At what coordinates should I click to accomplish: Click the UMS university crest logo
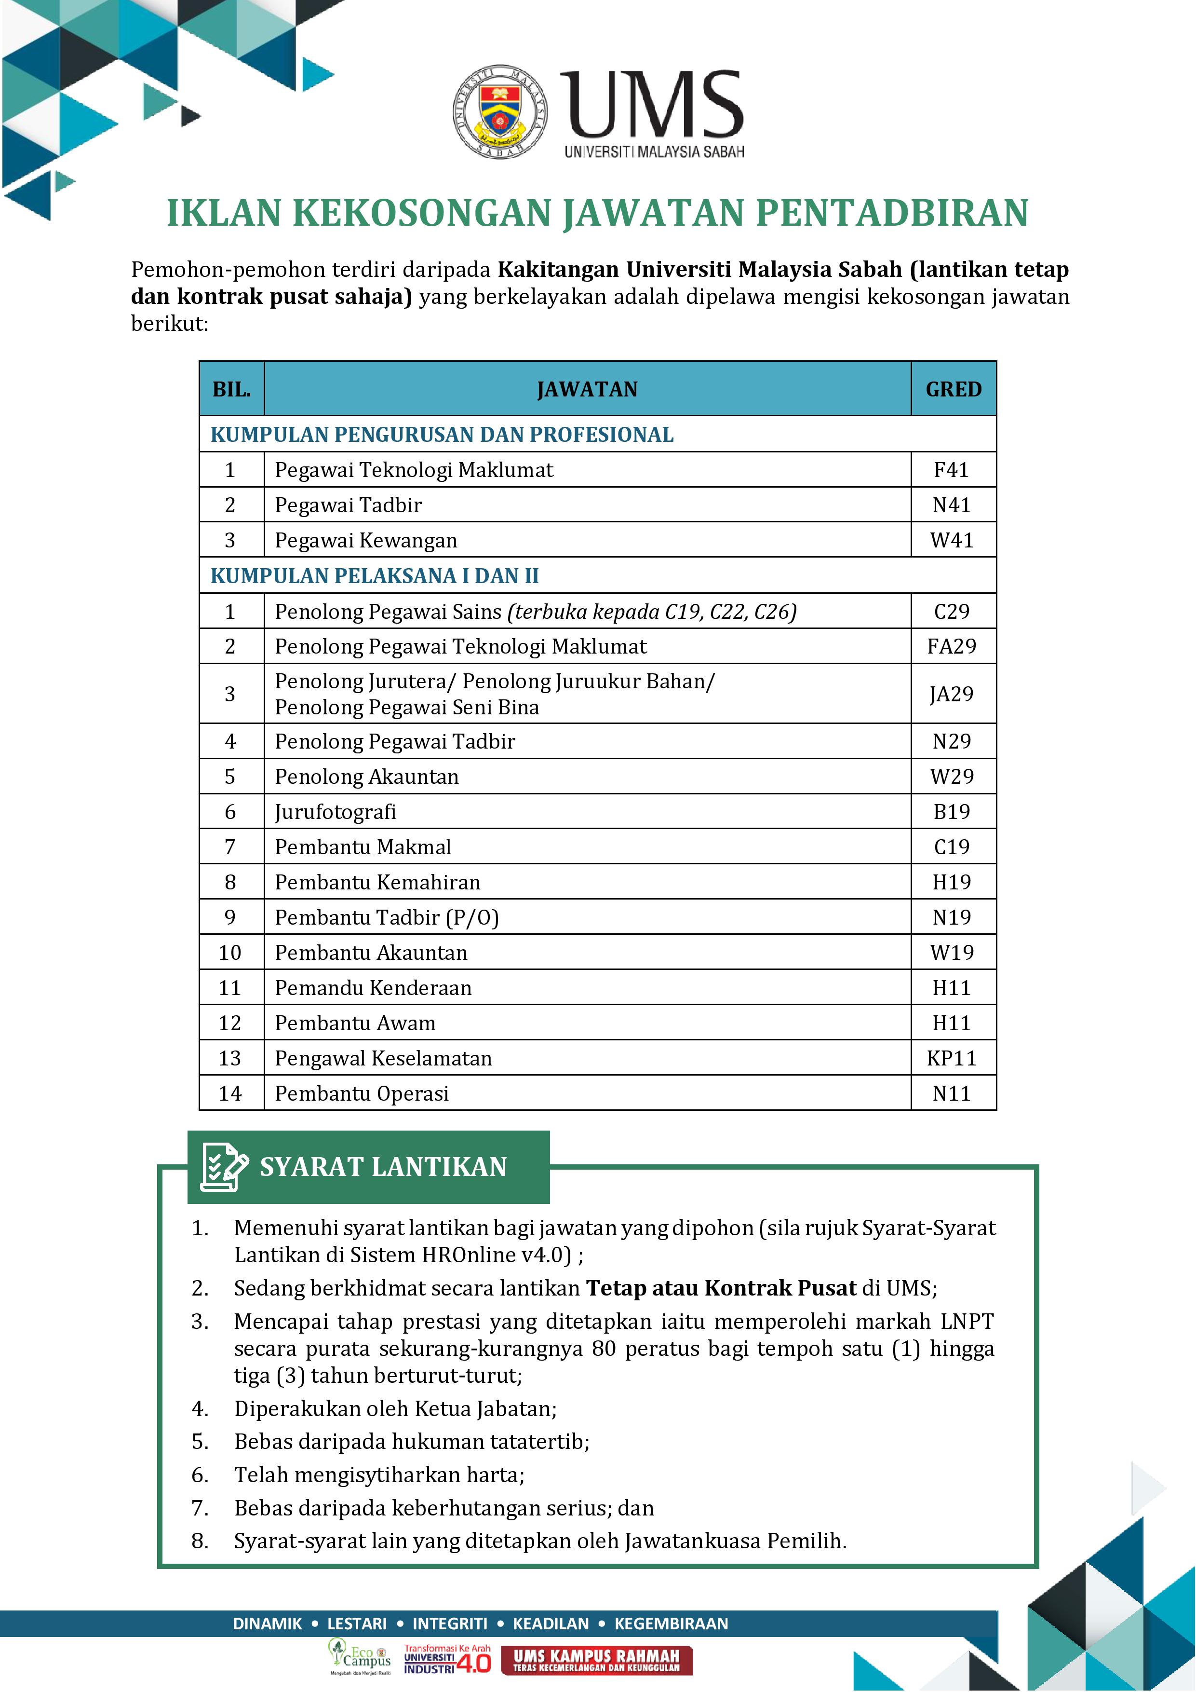coord(500,111)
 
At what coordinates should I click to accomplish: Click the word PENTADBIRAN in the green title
coord(891,213)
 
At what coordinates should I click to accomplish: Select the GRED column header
coord(953,389)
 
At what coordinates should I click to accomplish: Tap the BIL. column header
coord(231,389)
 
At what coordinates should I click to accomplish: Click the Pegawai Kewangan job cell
coord(366,540)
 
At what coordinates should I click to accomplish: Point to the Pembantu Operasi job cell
coord(362,1093)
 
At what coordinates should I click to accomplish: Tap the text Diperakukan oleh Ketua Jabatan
coord(395,1408)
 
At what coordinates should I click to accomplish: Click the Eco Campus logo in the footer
coord(360,1659)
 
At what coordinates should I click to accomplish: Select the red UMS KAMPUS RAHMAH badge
coord(596,1660)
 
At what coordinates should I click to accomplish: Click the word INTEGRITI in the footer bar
coord(449,1624)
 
